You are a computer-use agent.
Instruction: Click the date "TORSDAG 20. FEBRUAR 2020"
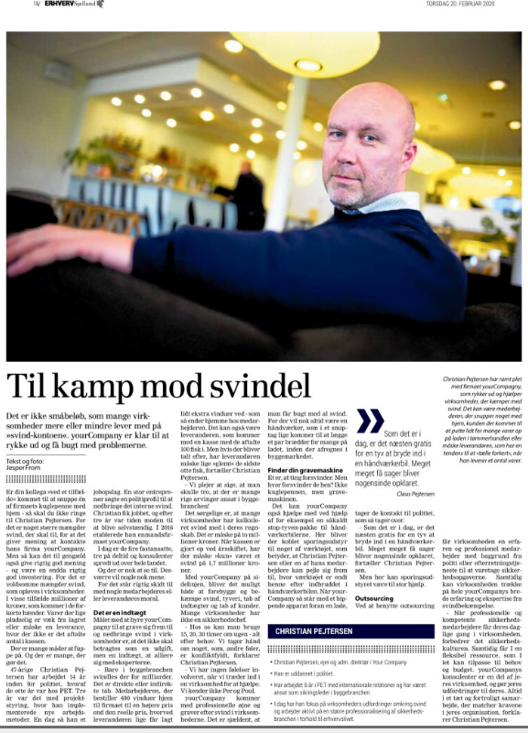point(472,5)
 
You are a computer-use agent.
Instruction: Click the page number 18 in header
point(11,5)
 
